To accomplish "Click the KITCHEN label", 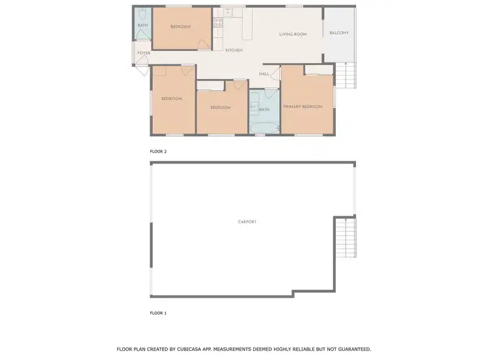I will [x=234, y=50].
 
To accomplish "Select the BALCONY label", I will [x=339, y=33].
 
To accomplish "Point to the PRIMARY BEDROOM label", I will [x=303, y=106].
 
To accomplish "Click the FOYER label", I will [x=143, y=53].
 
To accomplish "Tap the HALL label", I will [x=264, y=74].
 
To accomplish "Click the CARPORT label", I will [x=247, y=222].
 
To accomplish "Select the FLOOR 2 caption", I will [x=158, y=151].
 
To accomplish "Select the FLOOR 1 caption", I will [x=158, y=313].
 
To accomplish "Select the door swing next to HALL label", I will [x=274, y=73].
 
